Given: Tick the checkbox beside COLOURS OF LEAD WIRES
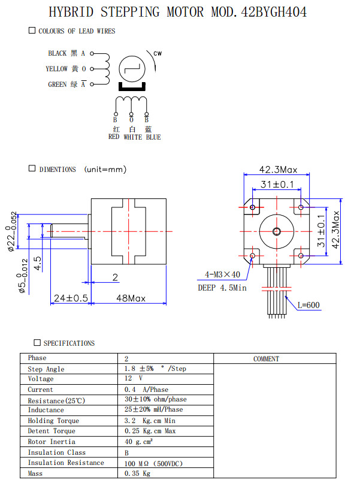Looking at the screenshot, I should [x=32, y=31].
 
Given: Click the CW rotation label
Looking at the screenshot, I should [x=158, y=54].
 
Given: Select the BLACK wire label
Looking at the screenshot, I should [x=58, y=53].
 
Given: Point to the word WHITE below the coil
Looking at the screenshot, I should [x=132, y=137].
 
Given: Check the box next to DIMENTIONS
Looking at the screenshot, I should [x=32, y=169].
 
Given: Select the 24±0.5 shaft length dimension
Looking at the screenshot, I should [x=71, y=298].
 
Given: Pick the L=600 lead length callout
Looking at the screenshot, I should [x=308, y=305].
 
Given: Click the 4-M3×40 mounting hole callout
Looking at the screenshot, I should [x=219, y=275].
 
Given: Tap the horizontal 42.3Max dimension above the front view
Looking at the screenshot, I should [x=278, y=170].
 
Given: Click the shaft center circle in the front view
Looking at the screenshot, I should [x=277, y=231].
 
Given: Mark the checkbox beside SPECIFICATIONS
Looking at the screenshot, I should [x=37, y=343].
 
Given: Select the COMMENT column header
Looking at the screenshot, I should [x=266, y=359].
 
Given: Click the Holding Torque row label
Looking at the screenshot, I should [x=53, y=421].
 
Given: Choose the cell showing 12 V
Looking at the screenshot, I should [x=133, y=379].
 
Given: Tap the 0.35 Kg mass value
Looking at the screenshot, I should [x=137, y=473].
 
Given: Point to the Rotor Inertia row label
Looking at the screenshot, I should [x=52, y=442].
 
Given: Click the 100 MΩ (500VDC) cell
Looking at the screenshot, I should [x=153, y=463].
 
